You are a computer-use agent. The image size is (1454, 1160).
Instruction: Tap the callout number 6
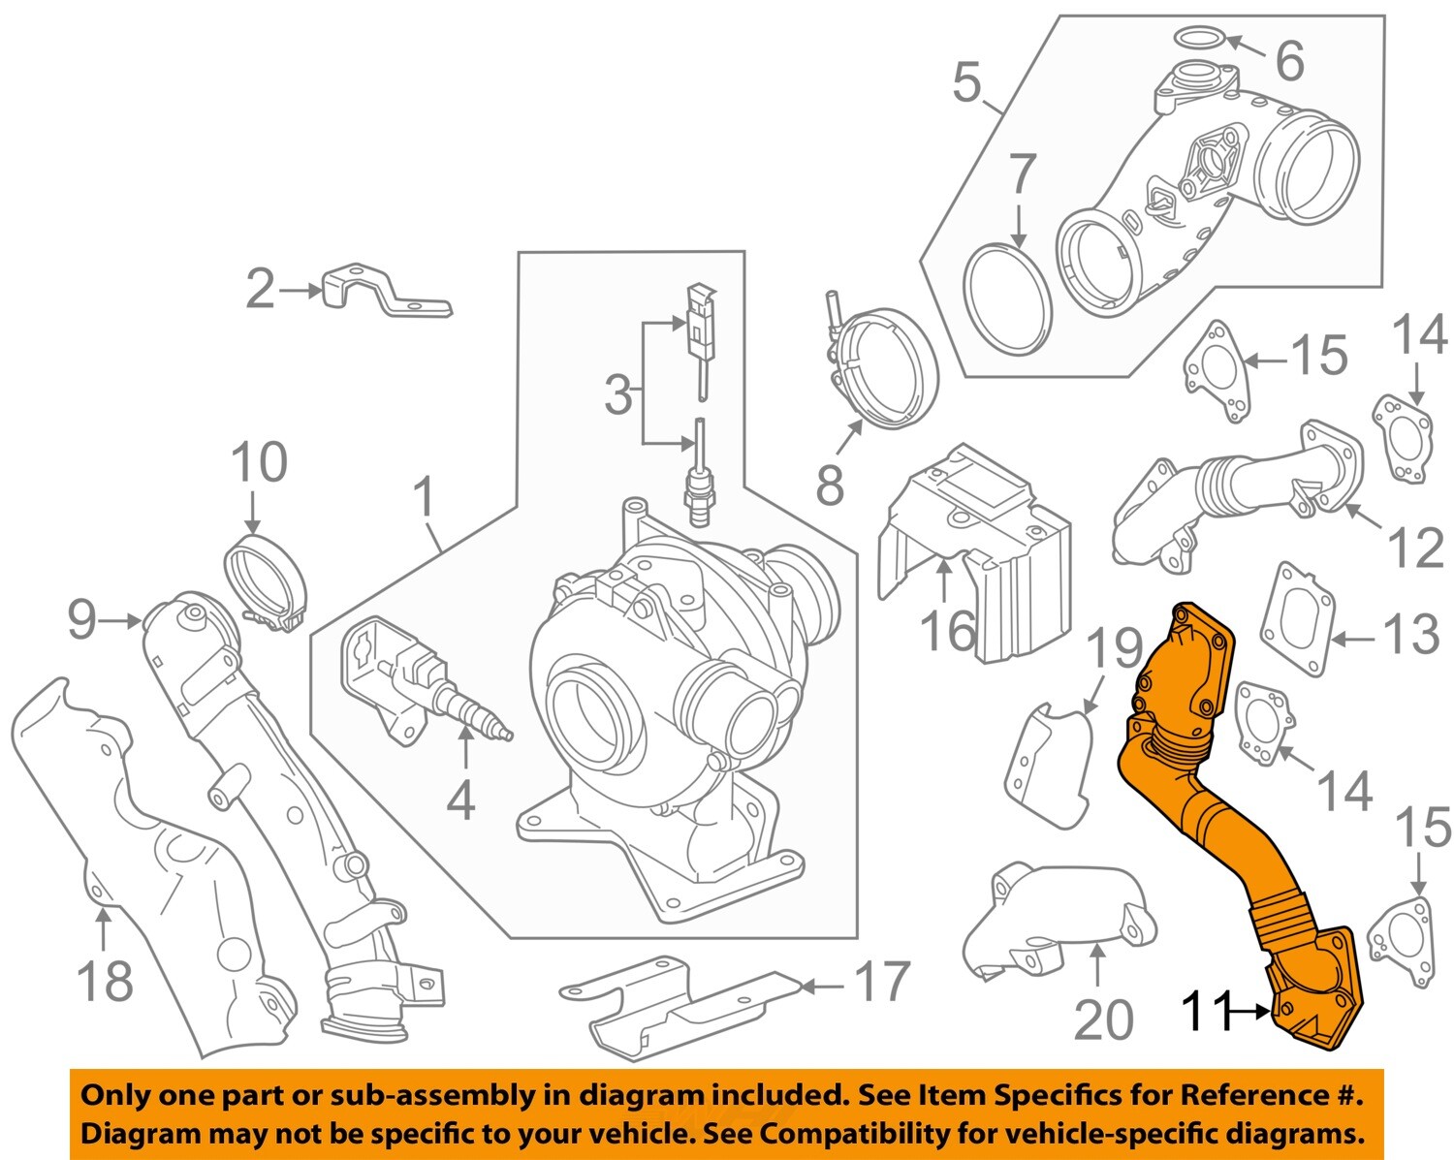[1289, 61]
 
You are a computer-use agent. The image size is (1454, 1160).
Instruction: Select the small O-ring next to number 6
[1198, 38]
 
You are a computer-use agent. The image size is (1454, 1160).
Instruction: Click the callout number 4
[460, 800]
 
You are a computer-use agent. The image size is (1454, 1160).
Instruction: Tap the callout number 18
[104, 981]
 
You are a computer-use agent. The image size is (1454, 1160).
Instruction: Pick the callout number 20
[1103, 1019]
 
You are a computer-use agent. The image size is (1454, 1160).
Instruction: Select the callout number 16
[948, 630]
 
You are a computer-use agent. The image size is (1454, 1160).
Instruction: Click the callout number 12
[1416, 548]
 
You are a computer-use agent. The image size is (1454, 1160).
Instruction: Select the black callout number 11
[1205, 1012]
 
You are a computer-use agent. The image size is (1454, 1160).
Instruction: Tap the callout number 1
[424, 497]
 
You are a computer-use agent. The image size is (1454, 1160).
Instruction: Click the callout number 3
[617, 394]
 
